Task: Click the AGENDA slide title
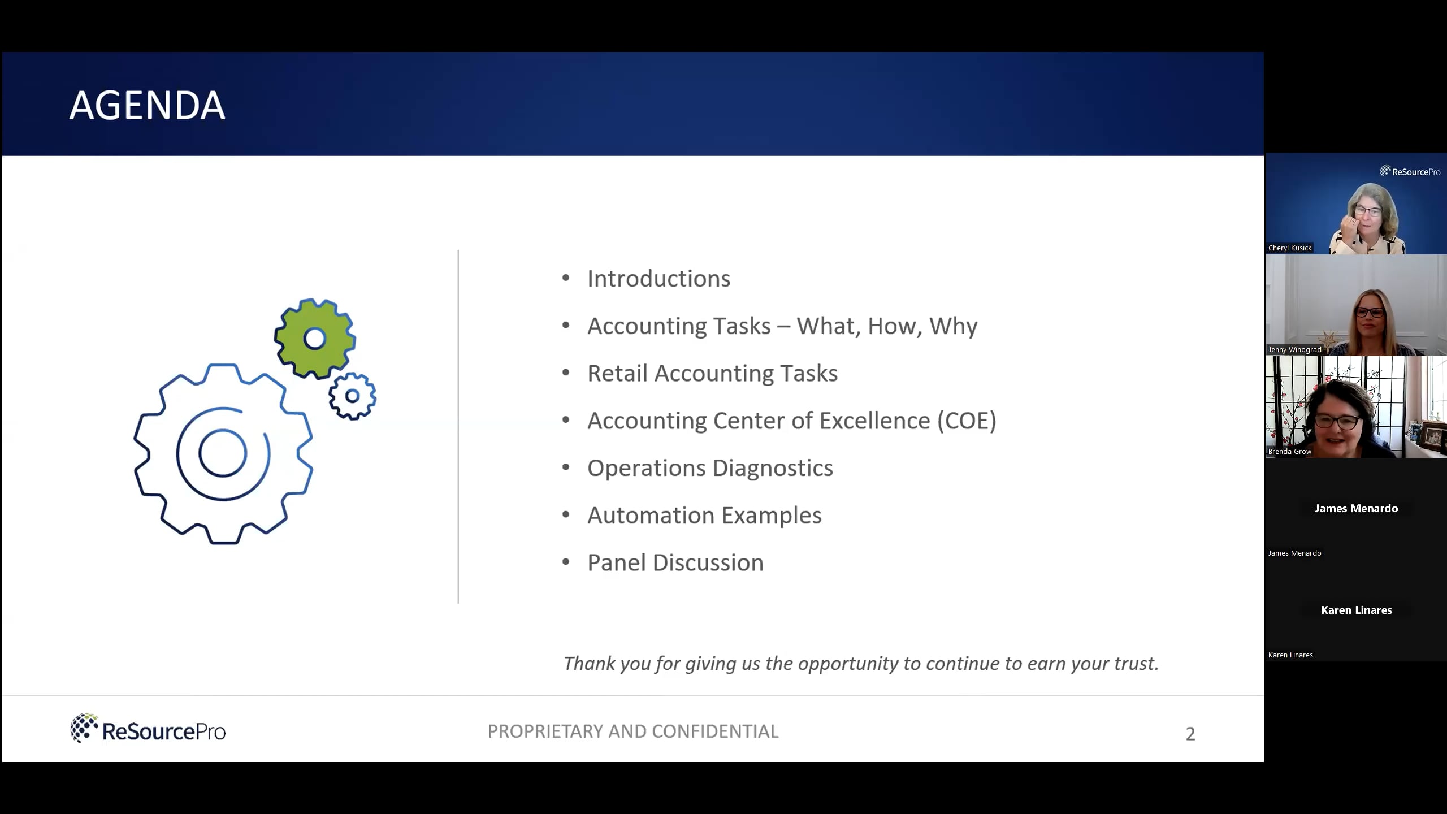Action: [x=147, y=105]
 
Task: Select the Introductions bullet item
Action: [x=658, y=279]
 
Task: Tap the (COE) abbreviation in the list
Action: [x=967, y=421]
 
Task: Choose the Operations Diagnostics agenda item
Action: [x=709, y=468]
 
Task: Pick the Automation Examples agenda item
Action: [x=704, y=516]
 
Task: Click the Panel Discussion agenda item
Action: [x=675, y=563]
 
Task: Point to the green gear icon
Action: [x=315, y=339]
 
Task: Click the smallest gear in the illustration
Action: [x=352, y=396]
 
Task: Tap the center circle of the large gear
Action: [x=223, y=453]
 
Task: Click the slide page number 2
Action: [x=1190, y=734]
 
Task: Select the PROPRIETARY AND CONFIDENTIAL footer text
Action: [x=632, y=731]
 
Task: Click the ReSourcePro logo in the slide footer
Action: [x=148, y=729]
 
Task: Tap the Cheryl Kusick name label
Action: [x=1289, y=248]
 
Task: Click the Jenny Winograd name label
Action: [x=1294, y=350]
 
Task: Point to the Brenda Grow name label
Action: [x=1289, y=452]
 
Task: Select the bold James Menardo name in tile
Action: [x=1355, y=509]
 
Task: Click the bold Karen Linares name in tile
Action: [x=1356, y=610]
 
